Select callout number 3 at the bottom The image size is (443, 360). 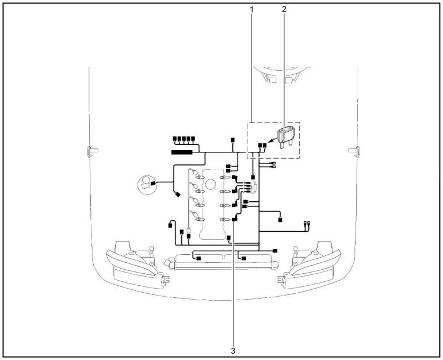point(234,349)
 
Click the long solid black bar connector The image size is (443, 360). point(185,152)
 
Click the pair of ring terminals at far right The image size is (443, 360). point(306,225)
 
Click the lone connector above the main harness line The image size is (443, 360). point(232,140)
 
